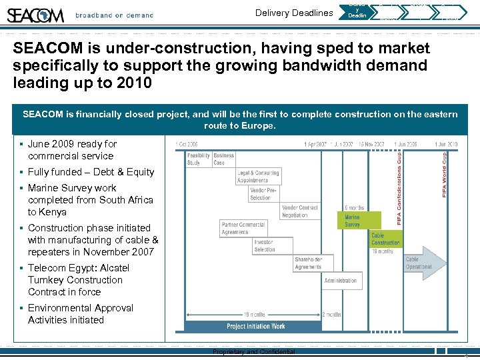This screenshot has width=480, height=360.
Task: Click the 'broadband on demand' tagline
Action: click(x=114, y=15)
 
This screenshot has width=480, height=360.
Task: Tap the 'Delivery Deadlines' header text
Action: click(x=294, y=13)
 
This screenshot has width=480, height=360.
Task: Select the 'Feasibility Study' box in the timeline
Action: click(x=198, y=159)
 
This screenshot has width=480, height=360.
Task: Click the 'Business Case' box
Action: click(x=223, y=159)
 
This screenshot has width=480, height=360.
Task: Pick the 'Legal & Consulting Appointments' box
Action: click(x=258, y=176)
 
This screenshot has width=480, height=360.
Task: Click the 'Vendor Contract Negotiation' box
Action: click(x=299, y=211)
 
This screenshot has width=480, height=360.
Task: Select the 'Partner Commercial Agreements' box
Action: click(x=243, y=228)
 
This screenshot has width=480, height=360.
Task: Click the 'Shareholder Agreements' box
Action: click(x=308, y=263)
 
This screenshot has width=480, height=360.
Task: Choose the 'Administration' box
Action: click(x=341, y=281)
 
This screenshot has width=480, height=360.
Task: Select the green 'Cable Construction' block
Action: click(x=386, y=239)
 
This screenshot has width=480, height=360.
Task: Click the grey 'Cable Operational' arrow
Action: click(x=423, y=263)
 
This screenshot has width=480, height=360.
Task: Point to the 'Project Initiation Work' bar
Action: click(x=256, y=326)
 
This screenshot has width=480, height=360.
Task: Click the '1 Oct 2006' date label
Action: click(x=186, y=144)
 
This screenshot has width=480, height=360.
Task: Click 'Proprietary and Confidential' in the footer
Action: click(x=253, y=352)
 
